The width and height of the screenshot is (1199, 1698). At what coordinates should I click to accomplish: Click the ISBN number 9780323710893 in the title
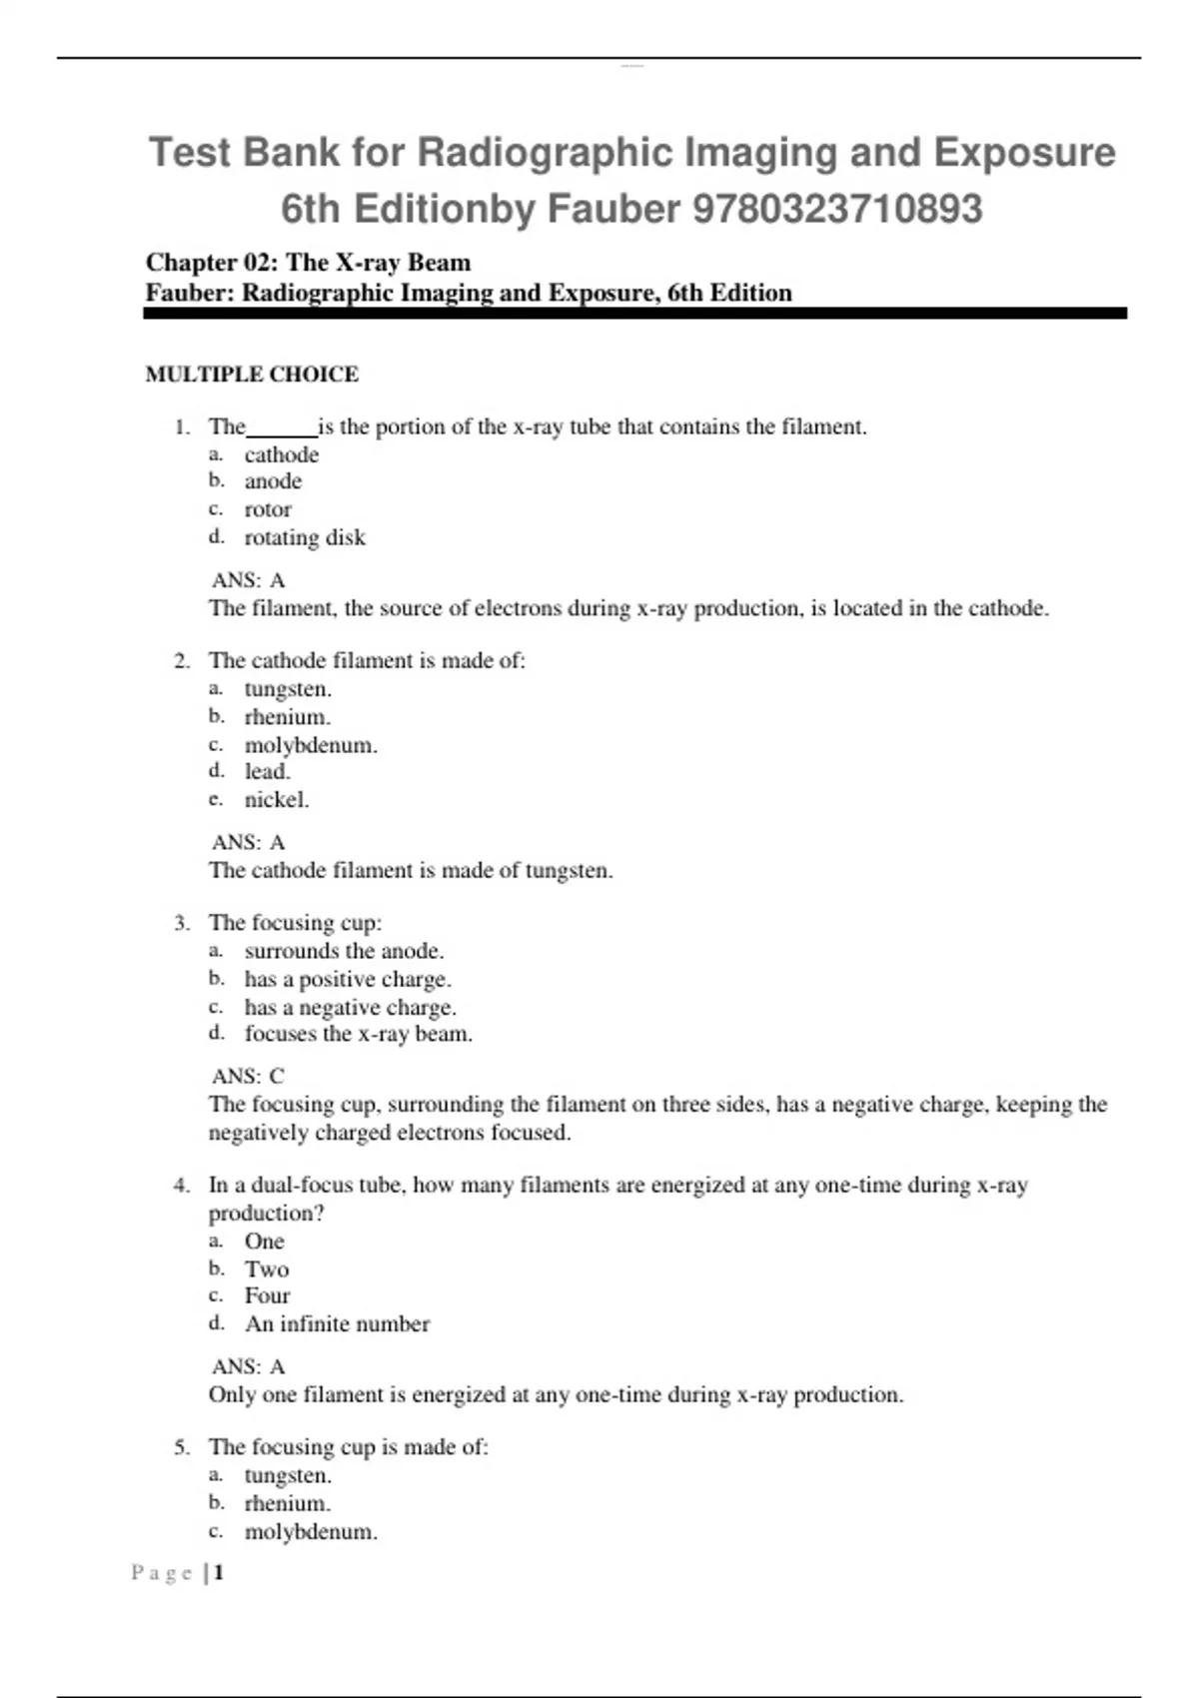coord(837,209)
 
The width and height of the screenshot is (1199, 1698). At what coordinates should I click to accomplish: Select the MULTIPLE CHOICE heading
coord(252,375)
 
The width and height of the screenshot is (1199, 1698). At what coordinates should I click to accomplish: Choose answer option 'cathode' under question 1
coord(282,454)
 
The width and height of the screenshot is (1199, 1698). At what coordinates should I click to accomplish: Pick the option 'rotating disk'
coord(305,537)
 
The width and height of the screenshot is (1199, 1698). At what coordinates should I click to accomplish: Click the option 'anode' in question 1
coord(273,481)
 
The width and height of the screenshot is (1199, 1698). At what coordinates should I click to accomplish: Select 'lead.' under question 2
coord(267,771)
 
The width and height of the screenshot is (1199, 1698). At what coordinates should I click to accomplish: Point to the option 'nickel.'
coord(277,799)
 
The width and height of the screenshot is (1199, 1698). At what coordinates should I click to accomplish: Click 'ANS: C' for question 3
coord(248,1076)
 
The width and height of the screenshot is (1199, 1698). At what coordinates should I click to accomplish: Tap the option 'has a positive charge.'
coord(348,979)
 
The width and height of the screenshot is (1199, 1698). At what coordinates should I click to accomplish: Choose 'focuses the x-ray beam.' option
coord(359,1034)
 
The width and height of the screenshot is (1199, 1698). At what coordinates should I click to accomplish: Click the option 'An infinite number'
coord(338,1323)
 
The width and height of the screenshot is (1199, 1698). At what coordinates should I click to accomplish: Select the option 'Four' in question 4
coord(267,1295)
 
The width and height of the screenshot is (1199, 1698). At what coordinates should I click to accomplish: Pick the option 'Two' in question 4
coord(267,1269)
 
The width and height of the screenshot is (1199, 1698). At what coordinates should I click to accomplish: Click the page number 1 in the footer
coord(219,1573)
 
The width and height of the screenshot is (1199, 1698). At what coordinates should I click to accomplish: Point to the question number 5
coord(181,1447)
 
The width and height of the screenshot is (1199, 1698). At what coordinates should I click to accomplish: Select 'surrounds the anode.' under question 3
coord(345,951)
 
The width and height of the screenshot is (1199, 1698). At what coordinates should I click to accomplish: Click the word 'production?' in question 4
coord(266,1213)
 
